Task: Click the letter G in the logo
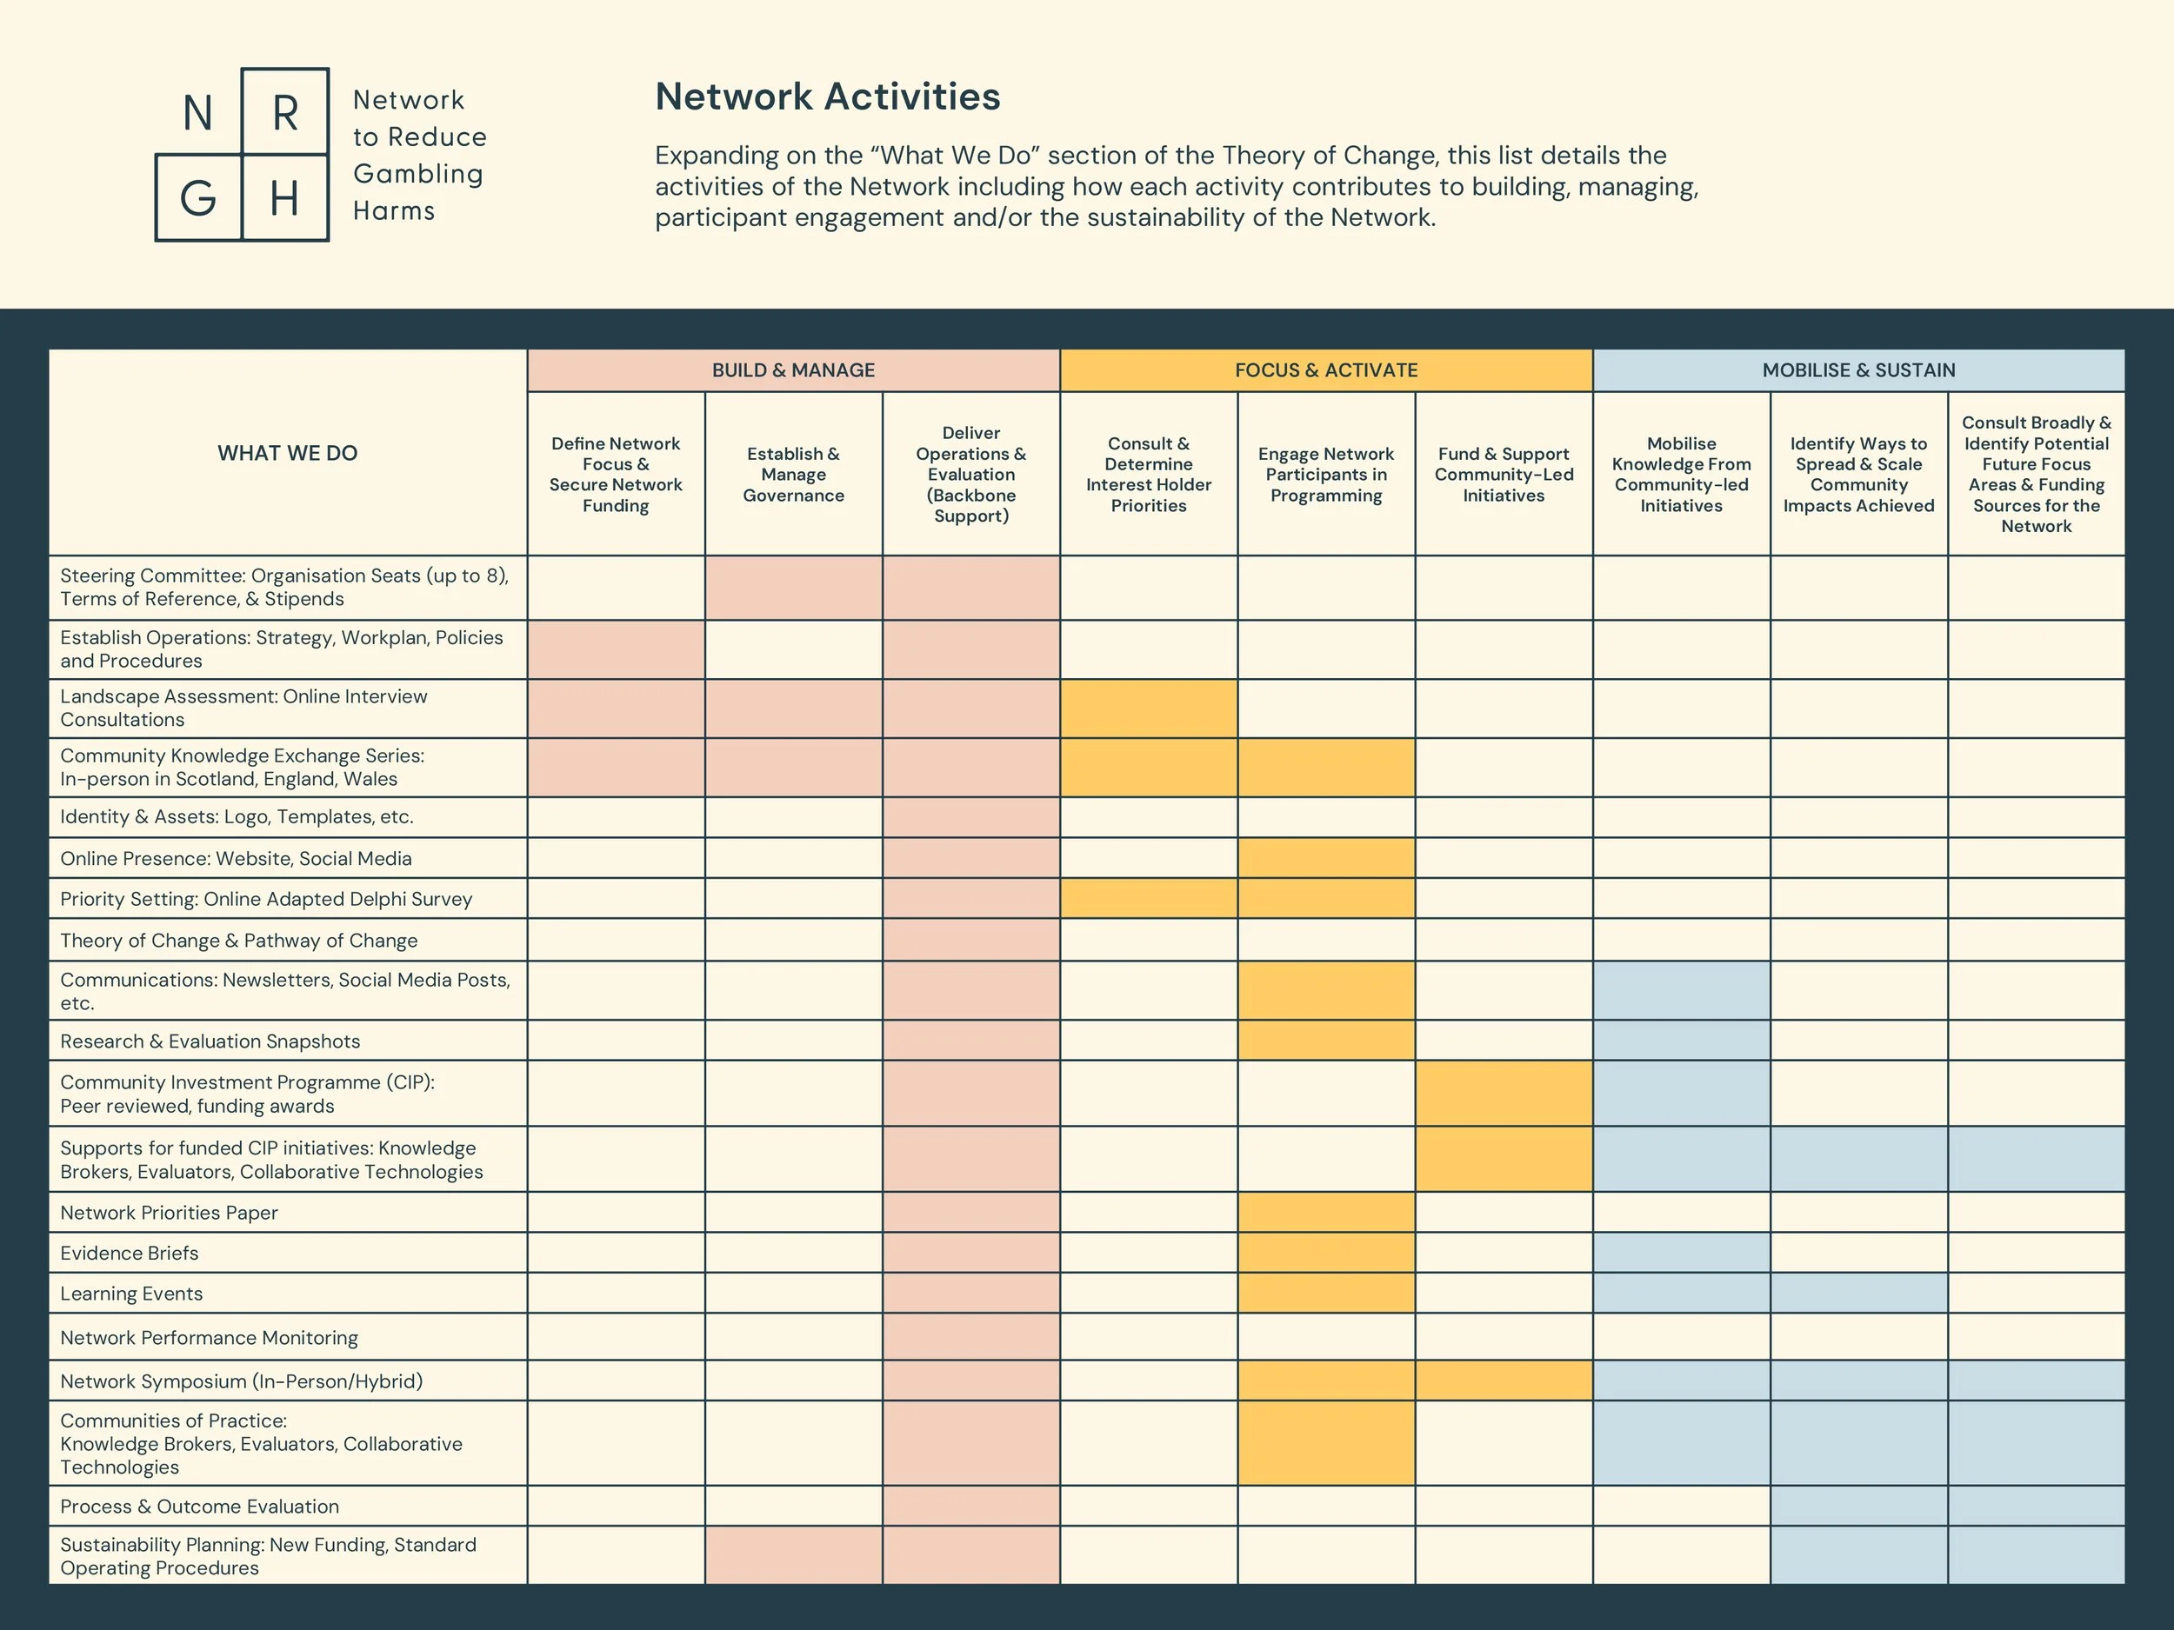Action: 197,198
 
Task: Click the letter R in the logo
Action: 285,113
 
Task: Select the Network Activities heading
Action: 828,96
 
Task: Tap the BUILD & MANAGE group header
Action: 793,370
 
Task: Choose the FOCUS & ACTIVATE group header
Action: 1326,370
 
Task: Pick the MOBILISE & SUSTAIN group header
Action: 1858,370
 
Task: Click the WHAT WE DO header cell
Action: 287,453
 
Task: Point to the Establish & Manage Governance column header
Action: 793,475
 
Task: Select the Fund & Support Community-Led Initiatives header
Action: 1504,475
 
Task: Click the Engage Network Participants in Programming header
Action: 1326,475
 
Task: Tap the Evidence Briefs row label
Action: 130,1253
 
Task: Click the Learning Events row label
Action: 131,1293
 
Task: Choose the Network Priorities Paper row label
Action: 169,1213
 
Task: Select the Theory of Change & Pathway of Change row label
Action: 239,941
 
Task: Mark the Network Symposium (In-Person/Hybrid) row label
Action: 242,1381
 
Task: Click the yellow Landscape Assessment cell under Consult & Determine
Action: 1148,709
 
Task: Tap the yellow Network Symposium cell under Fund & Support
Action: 1504,1381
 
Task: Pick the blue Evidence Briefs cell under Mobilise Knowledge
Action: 1682,1253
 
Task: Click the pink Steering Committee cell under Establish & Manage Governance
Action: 793,588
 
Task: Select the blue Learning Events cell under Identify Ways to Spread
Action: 1858,1293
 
